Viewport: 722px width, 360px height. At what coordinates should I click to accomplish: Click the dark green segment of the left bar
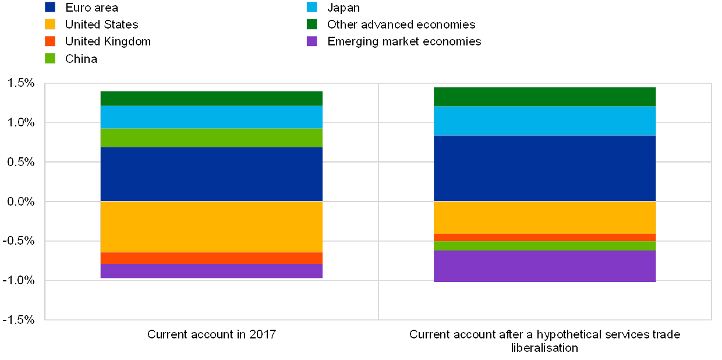tap(211, 98)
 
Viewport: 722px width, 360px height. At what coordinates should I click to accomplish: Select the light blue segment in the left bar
tap(211, 117)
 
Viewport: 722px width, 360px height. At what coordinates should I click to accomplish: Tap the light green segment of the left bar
tap(211, 137)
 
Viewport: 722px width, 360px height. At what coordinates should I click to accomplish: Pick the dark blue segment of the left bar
tap(211, 174)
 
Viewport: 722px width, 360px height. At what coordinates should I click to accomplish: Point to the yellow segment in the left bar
tap(211, 227)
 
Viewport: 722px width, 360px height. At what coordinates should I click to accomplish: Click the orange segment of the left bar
tap(211, 258)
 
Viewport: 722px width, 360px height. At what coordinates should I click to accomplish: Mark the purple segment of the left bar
tap(211, 271)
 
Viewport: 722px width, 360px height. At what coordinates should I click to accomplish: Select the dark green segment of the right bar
tap(544, 97)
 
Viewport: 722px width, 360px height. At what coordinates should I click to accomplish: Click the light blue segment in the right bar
tap(544, 121)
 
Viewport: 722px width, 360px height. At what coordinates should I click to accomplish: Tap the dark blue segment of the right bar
tap(544, 168)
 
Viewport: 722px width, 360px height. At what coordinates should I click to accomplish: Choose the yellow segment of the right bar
tap(544, 217)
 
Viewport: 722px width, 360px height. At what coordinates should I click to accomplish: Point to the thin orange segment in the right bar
tap(544, 237)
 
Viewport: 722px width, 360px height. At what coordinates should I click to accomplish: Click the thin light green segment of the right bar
tap(544, 245)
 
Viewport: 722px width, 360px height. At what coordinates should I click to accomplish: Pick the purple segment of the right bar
tap(544, 266)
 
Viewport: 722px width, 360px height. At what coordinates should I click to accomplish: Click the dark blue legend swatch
tap(50, 8)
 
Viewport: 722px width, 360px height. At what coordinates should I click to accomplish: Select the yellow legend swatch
tap(50, 24)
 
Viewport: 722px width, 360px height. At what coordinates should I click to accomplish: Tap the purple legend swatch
tap(312, 41)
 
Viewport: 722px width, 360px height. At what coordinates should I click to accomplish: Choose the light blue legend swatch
tap(312, 8)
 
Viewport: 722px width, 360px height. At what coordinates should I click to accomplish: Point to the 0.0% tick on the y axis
tap(22, 202)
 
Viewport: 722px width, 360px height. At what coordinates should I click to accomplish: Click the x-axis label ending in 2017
tap(211, 335)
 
